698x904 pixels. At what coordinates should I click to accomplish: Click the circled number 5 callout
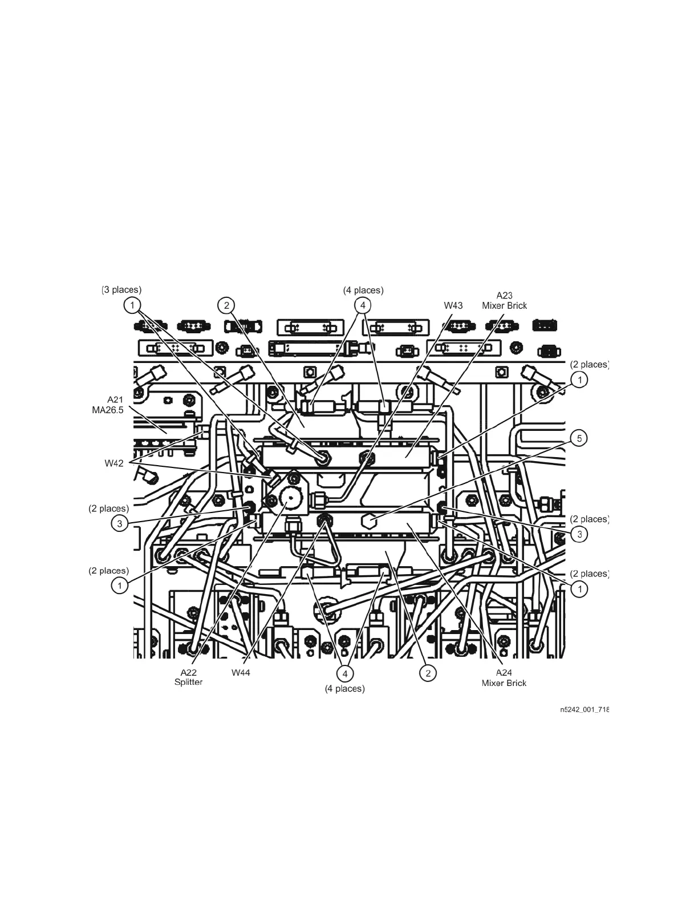pyautogui.click(x=579, y=438)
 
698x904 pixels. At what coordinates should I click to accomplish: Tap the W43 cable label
pyautogui.click(x=453, y=305)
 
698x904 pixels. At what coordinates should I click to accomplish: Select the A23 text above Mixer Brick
pyautogui.click(x=504, y=295)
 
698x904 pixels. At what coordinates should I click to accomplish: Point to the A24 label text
pyautogui.click(x=504, y=673)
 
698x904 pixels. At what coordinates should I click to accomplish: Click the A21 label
pyautogui.click(x=115, y=399)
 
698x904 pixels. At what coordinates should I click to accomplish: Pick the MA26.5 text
pyautogui.click(x=108, y=410)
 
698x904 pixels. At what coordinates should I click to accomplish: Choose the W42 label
pyautogui.click(x=113, y=463)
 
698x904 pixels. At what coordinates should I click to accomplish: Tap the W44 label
pyautogui.click(x=241, y=673)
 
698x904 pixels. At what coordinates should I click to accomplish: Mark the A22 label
pyautogui.click(x=188, y=673)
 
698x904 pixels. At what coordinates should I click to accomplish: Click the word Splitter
pyautogui.click(x=188, y=683)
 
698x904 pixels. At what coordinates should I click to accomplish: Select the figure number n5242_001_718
pyautogui.click(x=584, y=710)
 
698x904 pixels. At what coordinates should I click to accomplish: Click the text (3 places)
pyautogui.click(x=121, y=290)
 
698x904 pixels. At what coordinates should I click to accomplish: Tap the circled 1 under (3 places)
pyautogui.click(x=132, y=305)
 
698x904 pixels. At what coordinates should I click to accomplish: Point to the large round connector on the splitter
pyautogui.click(x=290, y=501)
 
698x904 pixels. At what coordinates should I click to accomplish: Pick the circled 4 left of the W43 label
pyautogui.click(x=362, y=305)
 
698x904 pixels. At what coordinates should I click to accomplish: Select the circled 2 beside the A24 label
pyautogui.click(x=428, y=673)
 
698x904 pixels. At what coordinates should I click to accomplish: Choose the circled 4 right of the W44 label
pyautogui.click(x=344, y=673)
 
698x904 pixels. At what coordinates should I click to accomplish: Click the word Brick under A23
pyautogui.click(x=518, y=305)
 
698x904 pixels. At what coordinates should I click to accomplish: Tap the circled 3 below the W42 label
pyautogui.click(x=119, y=523)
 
